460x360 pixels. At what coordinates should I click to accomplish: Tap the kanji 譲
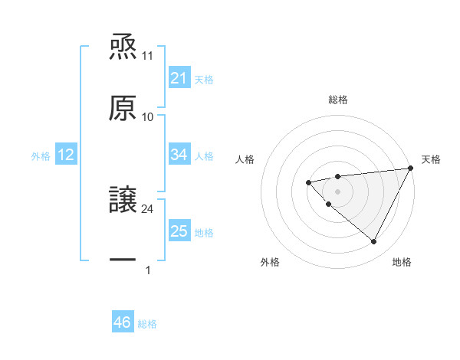(x=123, y=199)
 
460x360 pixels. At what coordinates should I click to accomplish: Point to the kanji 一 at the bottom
(x=123, y=260)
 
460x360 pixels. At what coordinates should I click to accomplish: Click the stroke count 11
(x=148, y=56)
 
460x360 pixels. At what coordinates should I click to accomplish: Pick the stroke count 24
(x=148, y=208)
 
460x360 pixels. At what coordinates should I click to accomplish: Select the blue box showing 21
(x=179, y=78)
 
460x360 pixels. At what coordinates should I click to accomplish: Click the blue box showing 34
(x=179, y=155)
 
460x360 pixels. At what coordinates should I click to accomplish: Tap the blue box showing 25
(x=179, y=231)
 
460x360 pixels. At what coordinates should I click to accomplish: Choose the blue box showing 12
(x=66, y=155)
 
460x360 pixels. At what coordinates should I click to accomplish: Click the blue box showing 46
(x=123, y=322)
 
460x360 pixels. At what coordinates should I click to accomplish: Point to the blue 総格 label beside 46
(x=147, y=324)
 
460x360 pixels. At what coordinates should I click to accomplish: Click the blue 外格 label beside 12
(x=41, y=156)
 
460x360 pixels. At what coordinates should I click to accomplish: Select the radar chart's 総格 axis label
(x=338, y=100)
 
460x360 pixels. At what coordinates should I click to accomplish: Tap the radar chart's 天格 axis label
(x=432, y=159)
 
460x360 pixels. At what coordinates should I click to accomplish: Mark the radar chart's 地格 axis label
(x=402, y=263)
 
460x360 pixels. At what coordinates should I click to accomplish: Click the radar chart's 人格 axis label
(x=245, y=159)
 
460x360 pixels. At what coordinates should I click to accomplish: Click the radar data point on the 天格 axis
(x=410, y=169)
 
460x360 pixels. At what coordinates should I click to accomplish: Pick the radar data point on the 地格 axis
(x=374, y=242)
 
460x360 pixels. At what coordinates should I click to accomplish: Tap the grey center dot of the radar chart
(x=337, y=191)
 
